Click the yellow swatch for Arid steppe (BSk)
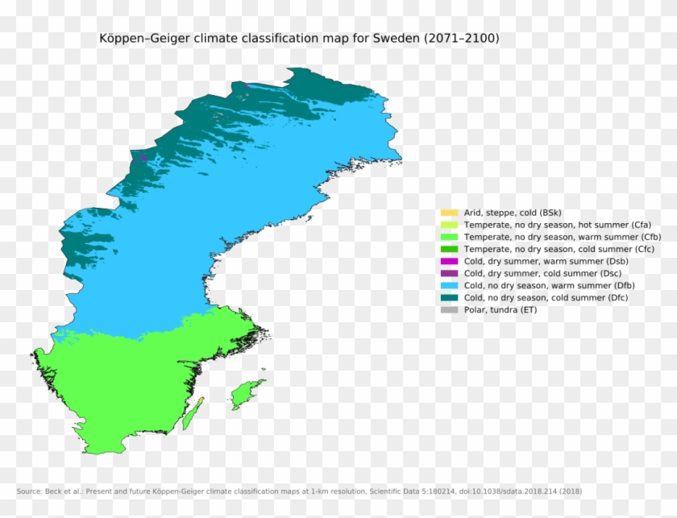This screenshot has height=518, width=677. pyautogui.click(x=449, y=213)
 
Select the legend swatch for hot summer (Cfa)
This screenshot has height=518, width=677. pyautogui.click(x=449, y=225)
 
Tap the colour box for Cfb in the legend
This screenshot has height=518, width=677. pyautogui.click(x=449, y=237)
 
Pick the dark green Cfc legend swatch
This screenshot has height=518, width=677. pyautogui.click(x=449, y=249)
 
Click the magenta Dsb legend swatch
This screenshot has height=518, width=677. pyautogui.click(x=449, y=261)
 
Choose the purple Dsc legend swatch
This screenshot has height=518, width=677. pyautogui.click(x=449, y=273)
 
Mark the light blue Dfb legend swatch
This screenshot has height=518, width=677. pyautogui.click(x=449, y=285)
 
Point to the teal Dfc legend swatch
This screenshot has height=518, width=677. pyautogui.click(x=449, y=297)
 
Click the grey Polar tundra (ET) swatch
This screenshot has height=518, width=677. pyautogui.click(x=449, y=309)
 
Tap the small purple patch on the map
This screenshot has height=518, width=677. pyautogui.click(x=143, y=157)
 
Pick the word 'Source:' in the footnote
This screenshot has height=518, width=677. pyautogui.click(x=31, y=491)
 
